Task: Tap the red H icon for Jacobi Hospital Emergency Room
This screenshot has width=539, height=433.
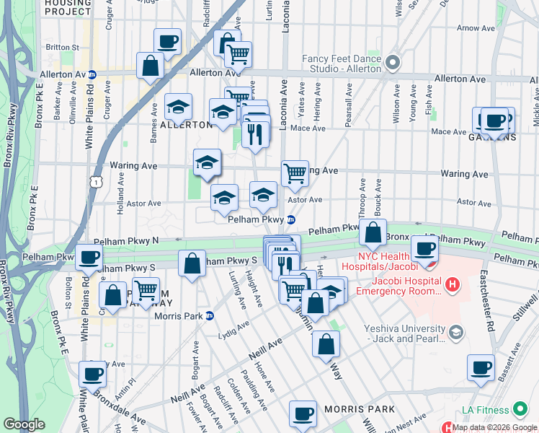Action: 452,286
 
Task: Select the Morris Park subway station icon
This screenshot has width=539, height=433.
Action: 210,315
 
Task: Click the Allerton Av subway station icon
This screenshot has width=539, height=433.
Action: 93,74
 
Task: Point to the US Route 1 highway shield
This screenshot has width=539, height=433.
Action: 95,183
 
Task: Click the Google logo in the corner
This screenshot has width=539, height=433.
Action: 24,424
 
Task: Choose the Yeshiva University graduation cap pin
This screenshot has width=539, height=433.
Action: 455,332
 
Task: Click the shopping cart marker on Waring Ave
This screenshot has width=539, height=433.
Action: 295,173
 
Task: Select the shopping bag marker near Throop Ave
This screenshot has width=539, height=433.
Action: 373,232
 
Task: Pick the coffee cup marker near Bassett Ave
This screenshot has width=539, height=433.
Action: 481,367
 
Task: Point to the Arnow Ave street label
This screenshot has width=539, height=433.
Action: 476,28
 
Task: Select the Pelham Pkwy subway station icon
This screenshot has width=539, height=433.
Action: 291,219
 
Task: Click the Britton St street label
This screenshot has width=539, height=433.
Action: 62,47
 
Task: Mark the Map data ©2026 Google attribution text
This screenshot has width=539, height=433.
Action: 494,427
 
